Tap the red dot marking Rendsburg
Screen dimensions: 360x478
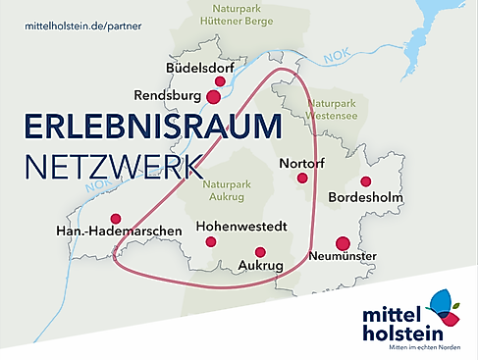point(213,96)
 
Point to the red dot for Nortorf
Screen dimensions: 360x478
point(302,179)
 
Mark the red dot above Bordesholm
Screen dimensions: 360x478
point(365,181)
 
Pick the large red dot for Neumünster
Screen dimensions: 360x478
point(343,242)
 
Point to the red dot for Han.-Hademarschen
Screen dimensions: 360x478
point(116,218)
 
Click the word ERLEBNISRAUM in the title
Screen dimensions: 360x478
point(150,128)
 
